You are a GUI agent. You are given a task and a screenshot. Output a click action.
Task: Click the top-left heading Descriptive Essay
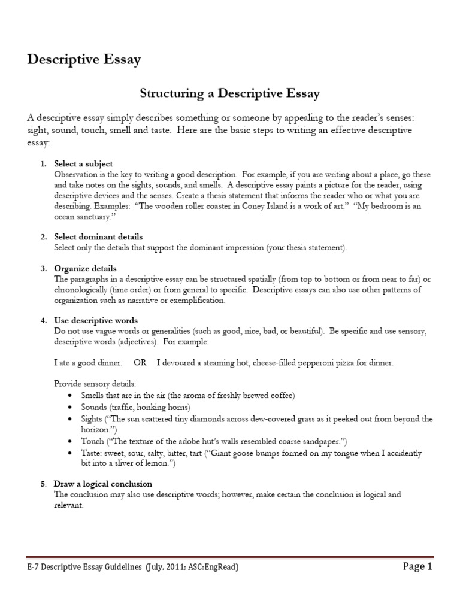(84, 60)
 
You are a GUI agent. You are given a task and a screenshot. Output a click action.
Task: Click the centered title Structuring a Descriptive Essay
(230, 93)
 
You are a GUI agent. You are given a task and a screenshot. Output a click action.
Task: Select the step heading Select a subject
(83, 163)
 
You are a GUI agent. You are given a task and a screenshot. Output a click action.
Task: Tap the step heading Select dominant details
(98, 237)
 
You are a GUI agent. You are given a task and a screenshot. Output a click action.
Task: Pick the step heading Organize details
(85, 268)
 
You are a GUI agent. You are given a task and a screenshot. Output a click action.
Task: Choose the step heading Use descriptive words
(96, 320)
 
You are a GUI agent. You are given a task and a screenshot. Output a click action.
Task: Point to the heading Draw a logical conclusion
(103, 484)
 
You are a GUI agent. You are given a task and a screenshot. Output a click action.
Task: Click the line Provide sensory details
(95, 383)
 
